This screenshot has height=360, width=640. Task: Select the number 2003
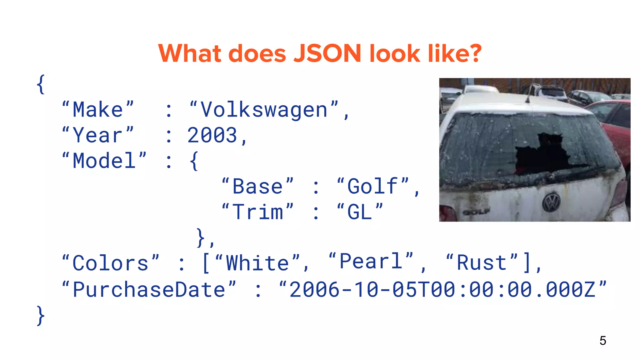(x=212, y=136)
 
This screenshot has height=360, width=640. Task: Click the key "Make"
(x=98, y=110)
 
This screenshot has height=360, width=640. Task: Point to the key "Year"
(x=98, y=136)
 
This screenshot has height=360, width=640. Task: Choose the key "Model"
(x=104, y=161)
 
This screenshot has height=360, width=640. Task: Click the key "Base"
(x=257, y=187)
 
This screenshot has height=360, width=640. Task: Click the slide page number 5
(x=603, y=341)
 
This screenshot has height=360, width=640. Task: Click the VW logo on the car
(x=551, y=202)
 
